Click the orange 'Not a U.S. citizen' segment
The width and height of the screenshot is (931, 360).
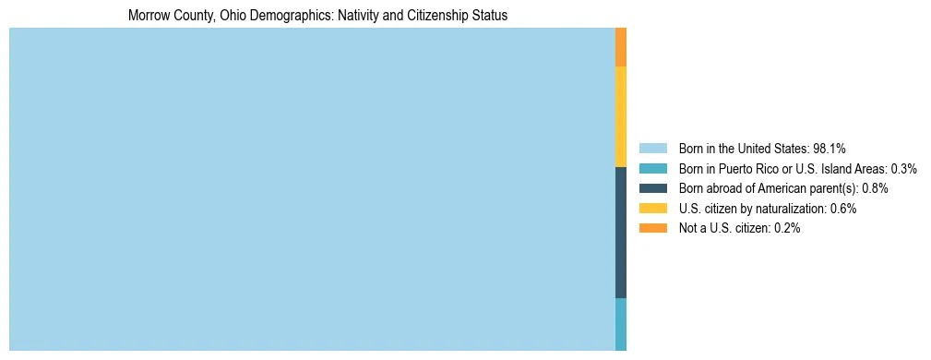click(621, 47)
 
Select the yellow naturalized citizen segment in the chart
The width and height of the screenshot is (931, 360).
click(621, 117)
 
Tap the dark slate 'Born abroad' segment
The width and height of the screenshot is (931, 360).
click(621, 233)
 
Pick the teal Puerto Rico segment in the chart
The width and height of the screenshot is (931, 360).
click(621, 324)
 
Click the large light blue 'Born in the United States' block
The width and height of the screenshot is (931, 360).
click(312, 189)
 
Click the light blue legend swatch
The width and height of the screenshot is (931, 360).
click(652, 148)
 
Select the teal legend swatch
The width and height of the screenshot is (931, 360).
click(652, 168)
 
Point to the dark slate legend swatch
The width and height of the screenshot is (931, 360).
click(652, 188)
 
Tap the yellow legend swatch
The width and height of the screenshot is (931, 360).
click(652, 209)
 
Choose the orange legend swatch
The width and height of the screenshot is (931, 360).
click(652, 228)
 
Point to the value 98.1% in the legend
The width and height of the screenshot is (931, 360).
click(830, 148)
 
